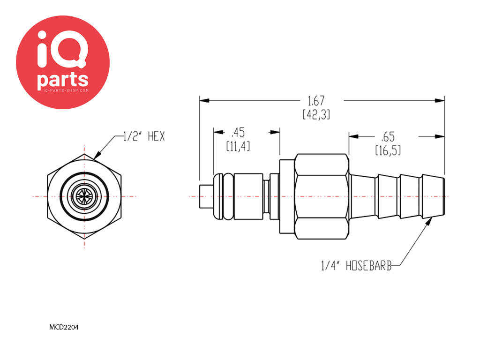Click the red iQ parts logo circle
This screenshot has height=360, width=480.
point(63,62)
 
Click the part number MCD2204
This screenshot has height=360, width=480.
point(64,327)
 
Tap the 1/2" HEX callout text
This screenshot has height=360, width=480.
point(144,136)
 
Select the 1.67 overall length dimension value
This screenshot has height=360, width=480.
point(316,101)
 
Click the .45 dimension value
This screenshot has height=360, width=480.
point(238,133)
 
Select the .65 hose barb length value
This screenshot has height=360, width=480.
point(388,137)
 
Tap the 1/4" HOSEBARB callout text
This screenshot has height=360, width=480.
point(356,266)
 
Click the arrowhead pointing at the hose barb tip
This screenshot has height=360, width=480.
point(429,221)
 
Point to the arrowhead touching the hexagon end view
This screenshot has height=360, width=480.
point(97,155)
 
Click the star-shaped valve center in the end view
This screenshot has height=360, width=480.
point(84,196)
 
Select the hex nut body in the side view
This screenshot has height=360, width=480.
point(322,196)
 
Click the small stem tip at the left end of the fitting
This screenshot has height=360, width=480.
point(206,196)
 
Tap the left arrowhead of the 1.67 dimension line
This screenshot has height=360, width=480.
point(204,100)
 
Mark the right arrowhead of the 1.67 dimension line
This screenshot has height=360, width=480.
point(440,100)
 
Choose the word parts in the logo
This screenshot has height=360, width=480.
point(63,80)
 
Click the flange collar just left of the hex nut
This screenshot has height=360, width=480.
point(287,196)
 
